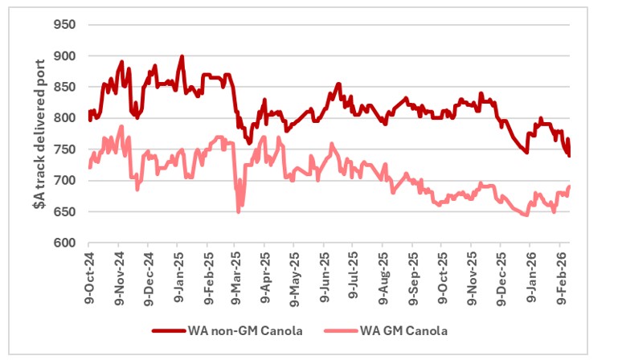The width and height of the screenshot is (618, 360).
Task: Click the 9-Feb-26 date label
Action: [559, 277]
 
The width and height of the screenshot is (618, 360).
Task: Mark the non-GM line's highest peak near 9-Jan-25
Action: [182, 56]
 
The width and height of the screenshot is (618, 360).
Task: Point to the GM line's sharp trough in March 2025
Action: [239, 211]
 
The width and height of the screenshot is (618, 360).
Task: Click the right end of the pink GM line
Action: [570, 186]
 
